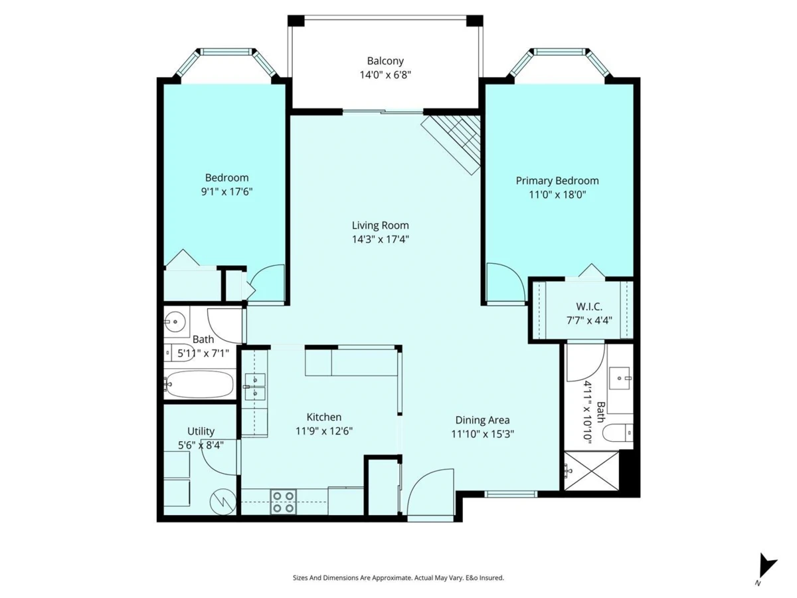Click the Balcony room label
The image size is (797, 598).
(385, 60)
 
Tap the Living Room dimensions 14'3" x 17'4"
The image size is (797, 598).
(380, 239)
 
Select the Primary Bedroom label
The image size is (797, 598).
(557, 181)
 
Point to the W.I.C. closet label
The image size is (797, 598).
(589, 306)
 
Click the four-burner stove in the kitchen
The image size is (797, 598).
(283, 502)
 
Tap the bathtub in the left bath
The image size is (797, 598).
(199, 384)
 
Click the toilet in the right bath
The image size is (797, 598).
(617, 433)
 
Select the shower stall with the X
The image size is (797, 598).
(592, 470)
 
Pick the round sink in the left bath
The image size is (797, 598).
(175, 322)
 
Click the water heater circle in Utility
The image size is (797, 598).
(223, 502)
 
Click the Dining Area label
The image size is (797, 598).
(482, 420)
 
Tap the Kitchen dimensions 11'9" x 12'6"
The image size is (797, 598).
(324, 431)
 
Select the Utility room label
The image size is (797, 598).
(201, 431)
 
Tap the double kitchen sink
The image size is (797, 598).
(255, 386)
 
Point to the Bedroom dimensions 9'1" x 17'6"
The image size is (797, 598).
(226, 191)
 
